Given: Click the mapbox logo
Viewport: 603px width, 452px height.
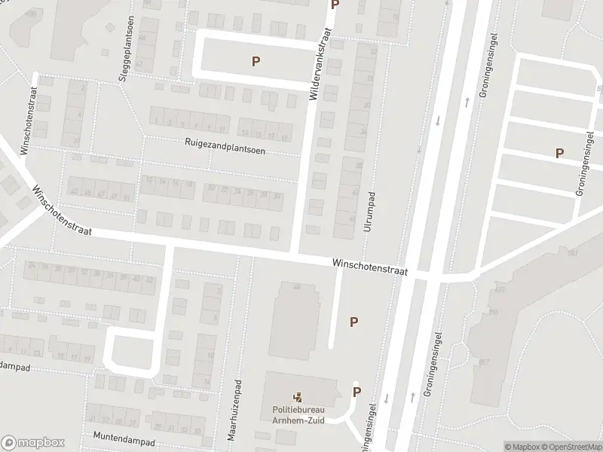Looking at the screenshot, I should coord(33,443).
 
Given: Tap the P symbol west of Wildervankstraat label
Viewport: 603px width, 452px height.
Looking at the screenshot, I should coord(256,62).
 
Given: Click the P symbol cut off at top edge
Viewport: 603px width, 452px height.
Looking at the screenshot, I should coord(335,5).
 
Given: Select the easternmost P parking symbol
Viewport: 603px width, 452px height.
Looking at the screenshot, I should coord(559,153).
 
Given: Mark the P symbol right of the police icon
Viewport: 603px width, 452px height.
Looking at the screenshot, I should coord(357,392).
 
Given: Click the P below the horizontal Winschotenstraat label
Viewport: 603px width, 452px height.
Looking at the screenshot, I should coord(354,322).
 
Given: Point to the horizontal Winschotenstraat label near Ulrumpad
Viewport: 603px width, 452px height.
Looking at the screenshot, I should coord(369,267).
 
